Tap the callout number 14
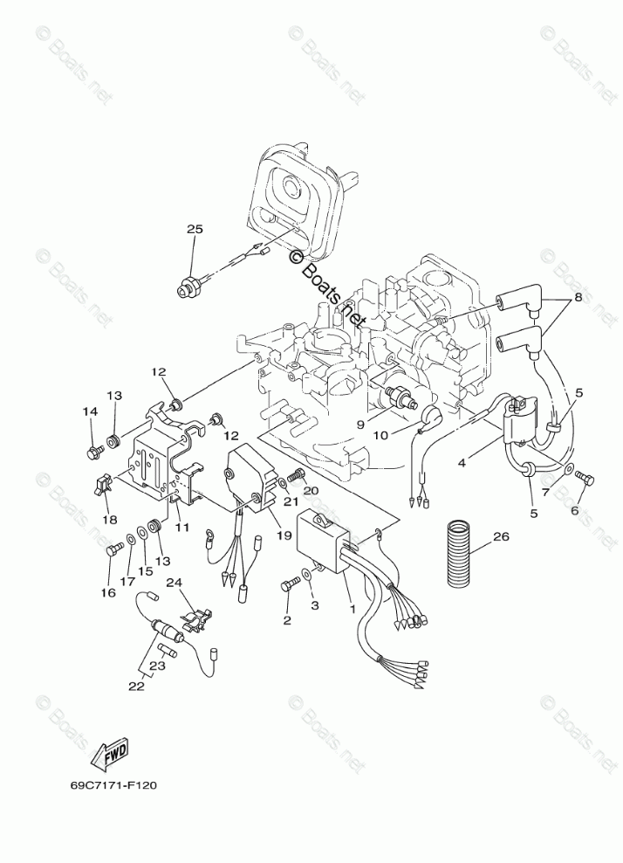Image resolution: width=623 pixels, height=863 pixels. (89, 411)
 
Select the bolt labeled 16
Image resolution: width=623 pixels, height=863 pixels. (112, 551)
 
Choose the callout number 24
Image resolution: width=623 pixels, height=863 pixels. (197, 582)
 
